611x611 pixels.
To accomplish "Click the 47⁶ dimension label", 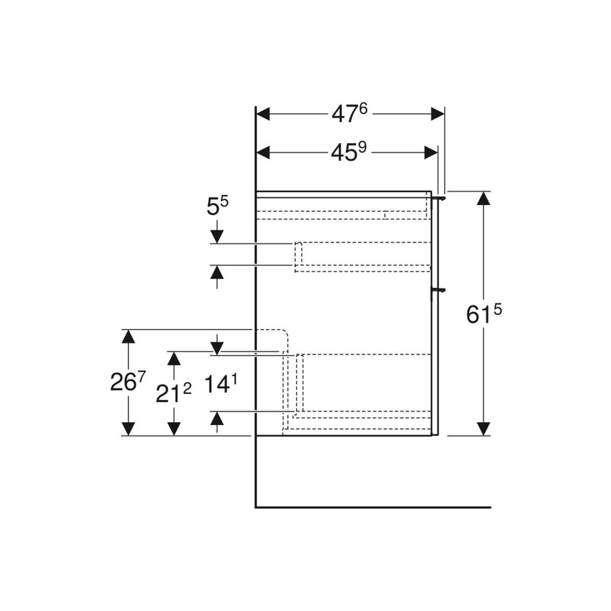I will pos(349,114).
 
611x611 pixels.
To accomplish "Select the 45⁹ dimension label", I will pos(349,151).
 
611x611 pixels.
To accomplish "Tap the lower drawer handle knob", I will pos(440,290).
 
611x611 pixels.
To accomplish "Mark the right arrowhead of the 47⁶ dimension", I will pos(437,114).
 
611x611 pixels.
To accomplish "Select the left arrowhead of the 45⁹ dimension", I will pos(263,151).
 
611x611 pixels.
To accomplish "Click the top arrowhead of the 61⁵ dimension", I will pos(483,198).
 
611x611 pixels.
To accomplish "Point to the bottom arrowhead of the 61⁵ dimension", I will pos(483,429).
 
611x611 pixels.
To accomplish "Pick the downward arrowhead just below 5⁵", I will pos(217,236).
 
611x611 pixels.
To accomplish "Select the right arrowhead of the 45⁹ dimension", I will pos(431,151).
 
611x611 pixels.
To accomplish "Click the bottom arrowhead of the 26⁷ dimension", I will pos(129,429).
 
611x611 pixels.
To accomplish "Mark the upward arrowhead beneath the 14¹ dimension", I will pos(217,419).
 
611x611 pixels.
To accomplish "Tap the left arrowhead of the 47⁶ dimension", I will pos(263,114).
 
